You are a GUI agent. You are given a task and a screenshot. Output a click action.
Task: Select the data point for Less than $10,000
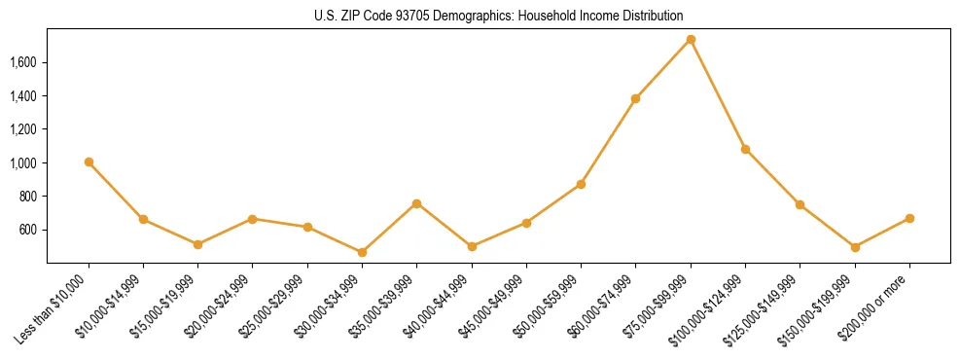(x=89, y=162)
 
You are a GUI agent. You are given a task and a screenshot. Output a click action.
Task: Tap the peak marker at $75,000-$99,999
(x=691, y=39)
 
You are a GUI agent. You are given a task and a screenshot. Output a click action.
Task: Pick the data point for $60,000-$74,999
(x=635, y=98)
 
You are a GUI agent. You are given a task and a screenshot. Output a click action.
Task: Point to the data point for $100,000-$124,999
(x=745, y=149)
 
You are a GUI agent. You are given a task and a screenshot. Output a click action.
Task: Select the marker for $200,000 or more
(x=909, y=218)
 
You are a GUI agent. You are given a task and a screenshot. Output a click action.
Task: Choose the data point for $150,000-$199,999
(x=855, y=247)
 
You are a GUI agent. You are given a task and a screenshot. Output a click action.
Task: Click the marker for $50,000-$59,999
(x=581, y=184)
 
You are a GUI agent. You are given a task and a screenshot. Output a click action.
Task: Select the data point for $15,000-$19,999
(x=197, y=244)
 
